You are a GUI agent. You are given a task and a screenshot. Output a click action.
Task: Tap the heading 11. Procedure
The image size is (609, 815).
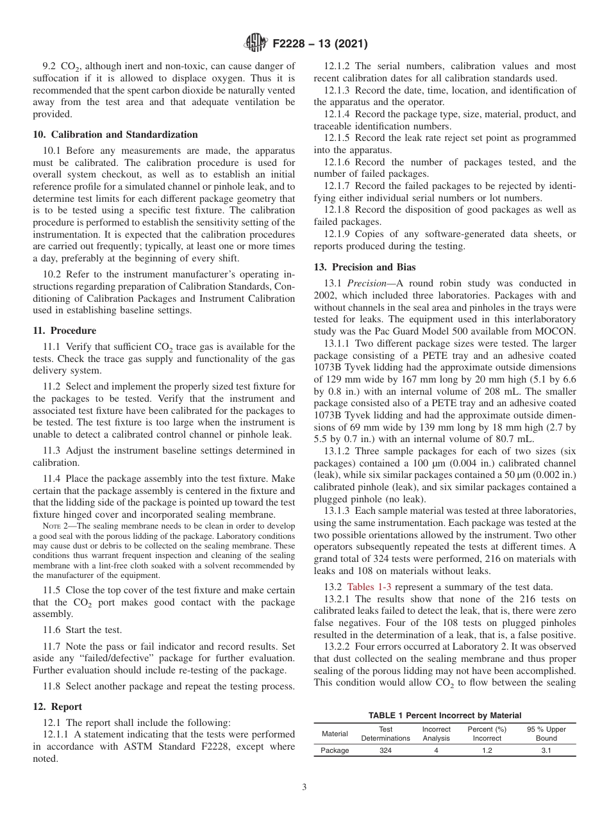[x=64, y=331]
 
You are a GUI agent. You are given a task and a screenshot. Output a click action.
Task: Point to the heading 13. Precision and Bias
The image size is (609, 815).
[x=361, y=267]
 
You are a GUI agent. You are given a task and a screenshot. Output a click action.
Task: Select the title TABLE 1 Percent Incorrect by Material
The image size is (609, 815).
[x=444, y=715]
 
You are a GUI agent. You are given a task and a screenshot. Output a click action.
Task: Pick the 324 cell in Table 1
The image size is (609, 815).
[x=385, y=750]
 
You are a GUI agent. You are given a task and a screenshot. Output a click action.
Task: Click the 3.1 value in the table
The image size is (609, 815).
[x=546, y=750]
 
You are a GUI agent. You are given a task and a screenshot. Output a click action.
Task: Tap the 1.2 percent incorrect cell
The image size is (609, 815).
[x=487, y=750]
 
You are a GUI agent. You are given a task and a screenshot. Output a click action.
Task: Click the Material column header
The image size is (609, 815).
[x=335, y=734]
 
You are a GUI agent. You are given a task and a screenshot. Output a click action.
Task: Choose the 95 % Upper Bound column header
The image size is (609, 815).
[x=546, y=734]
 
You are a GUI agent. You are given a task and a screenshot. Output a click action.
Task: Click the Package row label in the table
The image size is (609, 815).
[x=335, y=750]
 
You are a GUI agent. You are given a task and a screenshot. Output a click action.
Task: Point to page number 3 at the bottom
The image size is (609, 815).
[x=304, y=787]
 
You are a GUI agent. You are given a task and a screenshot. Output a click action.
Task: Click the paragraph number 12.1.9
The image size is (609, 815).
[x=337, y=235]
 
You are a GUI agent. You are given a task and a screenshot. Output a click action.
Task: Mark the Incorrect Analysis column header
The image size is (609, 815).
[x=436, y=734]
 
